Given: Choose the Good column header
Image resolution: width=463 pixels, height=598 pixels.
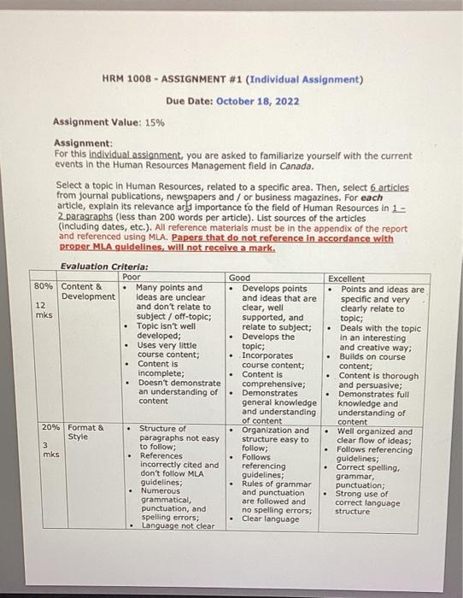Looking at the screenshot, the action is tap(240, 278).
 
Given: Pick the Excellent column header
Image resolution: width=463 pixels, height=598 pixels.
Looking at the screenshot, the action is tap(348, 278).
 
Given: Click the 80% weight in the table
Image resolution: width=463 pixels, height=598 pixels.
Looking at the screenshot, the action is tap(44, 287).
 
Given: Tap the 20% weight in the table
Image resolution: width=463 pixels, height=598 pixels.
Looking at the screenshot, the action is tap(47, 426).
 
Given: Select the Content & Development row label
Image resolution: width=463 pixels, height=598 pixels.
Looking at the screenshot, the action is tap(87, 291).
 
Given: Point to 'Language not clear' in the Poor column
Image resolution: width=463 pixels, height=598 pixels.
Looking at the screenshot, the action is tap(178, 526).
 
